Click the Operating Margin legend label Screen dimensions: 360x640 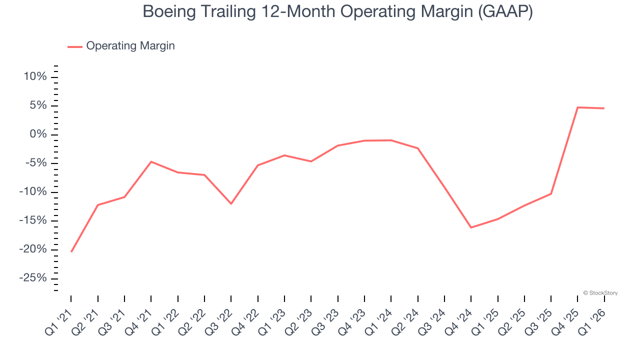(x=130, y=46)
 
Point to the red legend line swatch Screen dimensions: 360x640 (x=75, y=46)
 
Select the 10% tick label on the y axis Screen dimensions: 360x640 (x=34, y=77)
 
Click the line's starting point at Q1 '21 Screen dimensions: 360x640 (x=71, y=251)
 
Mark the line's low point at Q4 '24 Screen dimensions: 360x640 (x=471, y=227)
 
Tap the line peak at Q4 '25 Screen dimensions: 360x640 (x=577, y=107)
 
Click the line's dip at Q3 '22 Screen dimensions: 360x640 (x=231, y=203)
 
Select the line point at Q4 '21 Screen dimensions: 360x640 (x=151, y=161)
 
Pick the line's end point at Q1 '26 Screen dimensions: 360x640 (x=604, y=108)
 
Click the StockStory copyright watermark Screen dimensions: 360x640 (x=600, y=293)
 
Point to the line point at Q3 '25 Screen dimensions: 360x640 (x=551, y=193)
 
